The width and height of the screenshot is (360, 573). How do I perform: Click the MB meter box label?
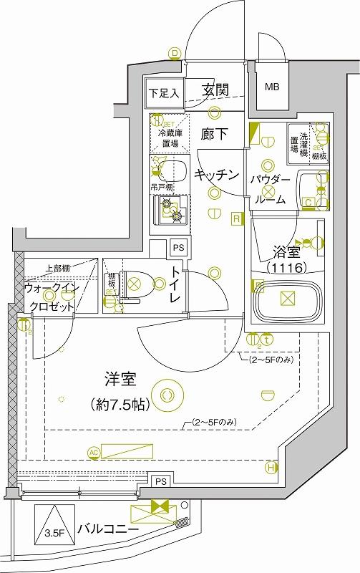point(272,87)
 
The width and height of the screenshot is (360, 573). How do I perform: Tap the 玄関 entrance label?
point(215,90)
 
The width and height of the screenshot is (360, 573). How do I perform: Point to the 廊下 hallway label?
point(214,134)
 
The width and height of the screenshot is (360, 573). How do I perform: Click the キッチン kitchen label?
point(215,174)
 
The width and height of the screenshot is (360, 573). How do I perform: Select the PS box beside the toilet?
point(178,248)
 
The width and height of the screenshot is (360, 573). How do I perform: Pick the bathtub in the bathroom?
point(286,302)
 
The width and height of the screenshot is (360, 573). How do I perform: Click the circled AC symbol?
point(93,452)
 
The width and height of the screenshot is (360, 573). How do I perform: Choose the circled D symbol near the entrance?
point(174,52)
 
